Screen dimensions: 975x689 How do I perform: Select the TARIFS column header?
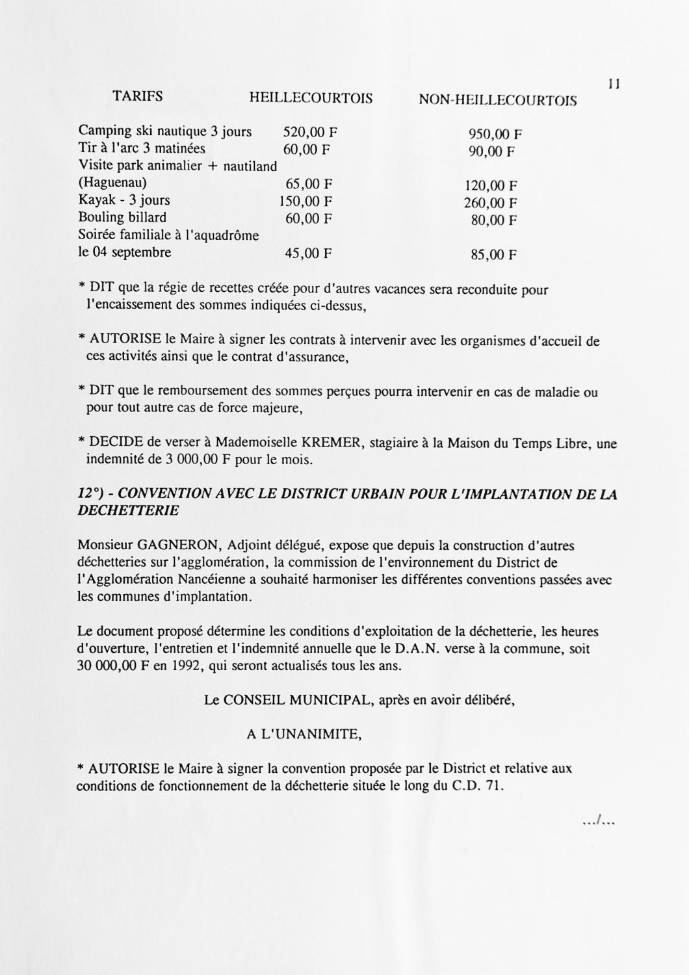(x=138, y=97)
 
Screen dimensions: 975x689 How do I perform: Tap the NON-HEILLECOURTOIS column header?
(x=497, y=100)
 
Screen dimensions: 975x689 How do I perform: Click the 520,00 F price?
(x=310, y=132)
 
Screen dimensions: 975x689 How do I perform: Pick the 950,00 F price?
(x=495, y=135)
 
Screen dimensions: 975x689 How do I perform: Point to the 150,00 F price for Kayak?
(x=305, y=201)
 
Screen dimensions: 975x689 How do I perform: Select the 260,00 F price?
(x=490, y=203)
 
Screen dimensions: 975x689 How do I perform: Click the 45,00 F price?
(x=309, y=253)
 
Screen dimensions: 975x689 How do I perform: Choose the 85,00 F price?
(x=494, y=255)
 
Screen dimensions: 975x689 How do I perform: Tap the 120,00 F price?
(x=491, y=186)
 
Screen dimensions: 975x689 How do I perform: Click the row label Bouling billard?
(x=122, y=218)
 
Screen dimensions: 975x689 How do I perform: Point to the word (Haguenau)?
(x=112, y=183)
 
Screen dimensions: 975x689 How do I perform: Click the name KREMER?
(x=333, y=443)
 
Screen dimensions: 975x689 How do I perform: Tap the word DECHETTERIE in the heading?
(x=128, y=511)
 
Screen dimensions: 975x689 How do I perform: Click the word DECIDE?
(x=116, y=443)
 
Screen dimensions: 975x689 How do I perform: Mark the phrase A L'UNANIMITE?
(x=304, y=734)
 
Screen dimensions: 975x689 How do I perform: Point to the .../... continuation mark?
(x=599, y=822)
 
